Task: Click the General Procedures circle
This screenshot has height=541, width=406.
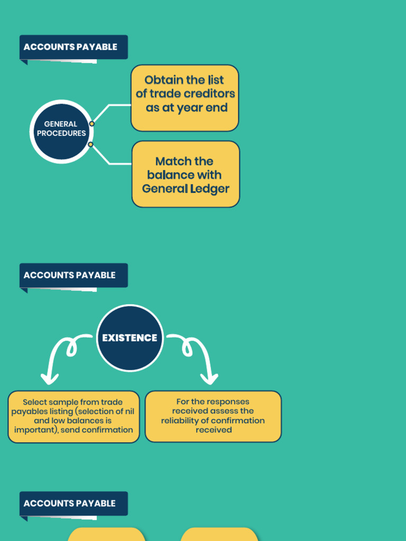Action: tap(61, 131)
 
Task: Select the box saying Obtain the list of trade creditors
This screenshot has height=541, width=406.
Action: tap(184, 98)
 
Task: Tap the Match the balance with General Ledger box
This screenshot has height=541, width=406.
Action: tap(186, 174)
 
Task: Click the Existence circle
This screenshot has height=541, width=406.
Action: tap(130, 338)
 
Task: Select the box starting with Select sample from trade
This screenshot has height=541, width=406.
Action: tap(73, 416)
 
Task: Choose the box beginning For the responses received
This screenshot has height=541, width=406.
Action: tap(213, 416)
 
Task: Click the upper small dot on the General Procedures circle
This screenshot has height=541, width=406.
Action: tap(92, 124)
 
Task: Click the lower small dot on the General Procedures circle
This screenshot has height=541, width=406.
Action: tap(90, 144)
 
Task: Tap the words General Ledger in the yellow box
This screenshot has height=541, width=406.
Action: tap(186, 189)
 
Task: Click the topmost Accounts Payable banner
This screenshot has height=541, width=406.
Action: tap(73, 47)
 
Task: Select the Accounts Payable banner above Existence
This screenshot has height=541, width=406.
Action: tap(73, 275)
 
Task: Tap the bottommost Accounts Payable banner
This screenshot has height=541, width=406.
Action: tap(73, 503)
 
